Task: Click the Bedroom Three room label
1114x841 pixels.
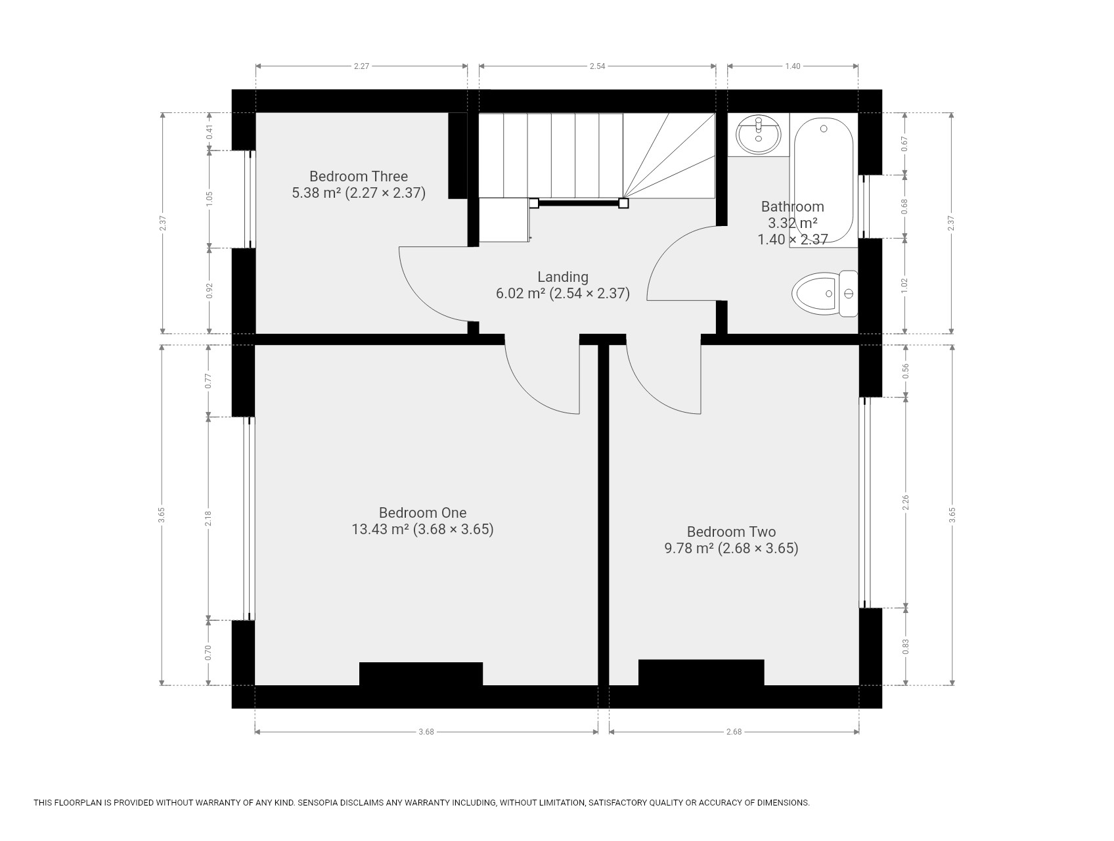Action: (x=359, y=176)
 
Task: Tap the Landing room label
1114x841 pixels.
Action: (x=563, y=277)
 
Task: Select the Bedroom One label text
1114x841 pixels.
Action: (x=423, y=512)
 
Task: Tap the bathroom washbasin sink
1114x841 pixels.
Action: (x=759, y=135)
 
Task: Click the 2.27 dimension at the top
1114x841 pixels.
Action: (x=361, y=66)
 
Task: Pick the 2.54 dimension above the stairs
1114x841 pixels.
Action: (x=597, y=66)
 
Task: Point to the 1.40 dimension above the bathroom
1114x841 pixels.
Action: (x=793, y=66)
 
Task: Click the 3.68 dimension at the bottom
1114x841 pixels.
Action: (x=426, y=731)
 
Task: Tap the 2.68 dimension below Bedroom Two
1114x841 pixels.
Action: (x=734, y=731)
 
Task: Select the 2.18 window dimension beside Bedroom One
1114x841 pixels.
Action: (x=209, y=518)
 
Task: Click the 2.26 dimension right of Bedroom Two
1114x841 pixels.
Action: (x=906, y=503)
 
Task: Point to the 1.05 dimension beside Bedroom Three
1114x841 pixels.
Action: (x=210, y=199)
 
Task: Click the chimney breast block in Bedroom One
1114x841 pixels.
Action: (x=421, y=674)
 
